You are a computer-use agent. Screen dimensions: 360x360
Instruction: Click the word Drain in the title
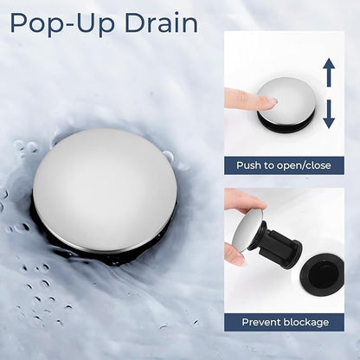coord(161,23)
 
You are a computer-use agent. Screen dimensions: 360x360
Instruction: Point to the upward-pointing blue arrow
coord(329,73)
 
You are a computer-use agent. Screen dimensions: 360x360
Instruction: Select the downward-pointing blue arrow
coord(329,114)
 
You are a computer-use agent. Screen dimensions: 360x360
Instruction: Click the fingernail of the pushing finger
coord(272,101)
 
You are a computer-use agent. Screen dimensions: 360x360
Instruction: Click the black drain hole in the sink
coord(321,274)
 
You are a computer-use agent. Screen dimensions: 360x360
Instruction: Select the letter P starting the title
coord(19,23)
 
